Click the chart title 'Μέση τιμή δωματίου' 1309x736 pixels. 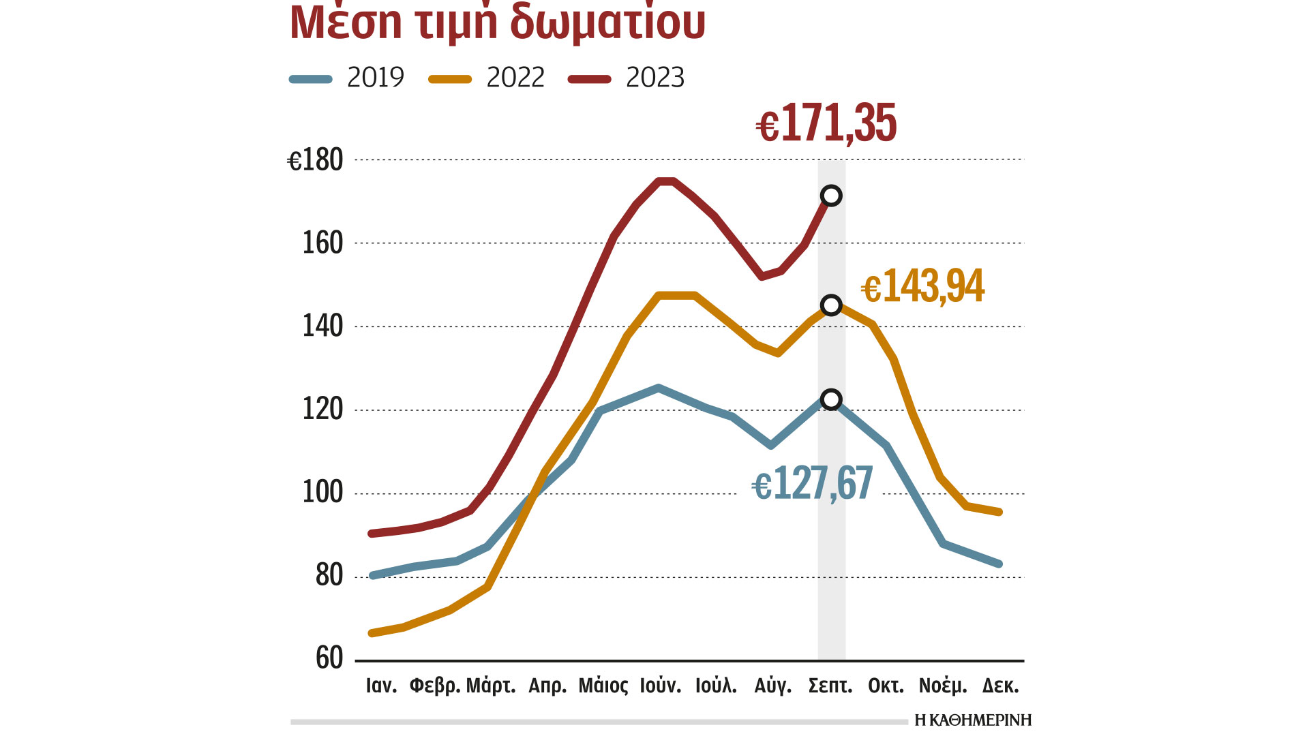498,22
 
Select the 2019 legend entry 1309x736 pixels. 348,78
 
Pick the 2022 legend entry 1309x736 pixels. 487,78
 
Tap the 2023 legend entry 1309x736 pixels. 627,78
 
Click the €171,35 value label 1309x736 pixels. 826,124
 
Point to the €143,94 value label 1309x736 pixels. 923,286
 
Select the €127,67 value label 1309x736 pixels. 812,484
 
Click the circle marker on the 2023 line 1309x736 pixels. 831,196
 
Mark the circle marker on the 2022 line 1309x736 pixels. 831,305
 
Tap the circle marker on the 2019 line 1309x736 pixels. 831,399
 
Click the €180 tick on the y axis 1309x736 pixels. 315,161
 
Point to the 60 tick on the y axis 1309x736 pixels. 329,658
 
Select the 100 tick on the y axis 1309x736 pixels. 322,492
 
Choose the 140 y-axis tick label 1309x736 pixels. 322,326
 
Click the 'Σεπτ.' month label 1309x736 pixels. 830,686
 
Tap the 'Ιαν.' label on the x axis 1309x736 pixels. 381,686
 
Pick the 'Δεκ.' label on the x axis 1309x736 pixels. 1000,686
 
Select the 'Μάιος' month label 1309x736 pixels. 603,686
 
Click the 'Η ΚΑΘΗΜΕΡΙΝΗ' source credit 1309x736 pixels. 973,720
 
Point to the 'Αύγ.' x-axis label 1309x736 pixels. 773,686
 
